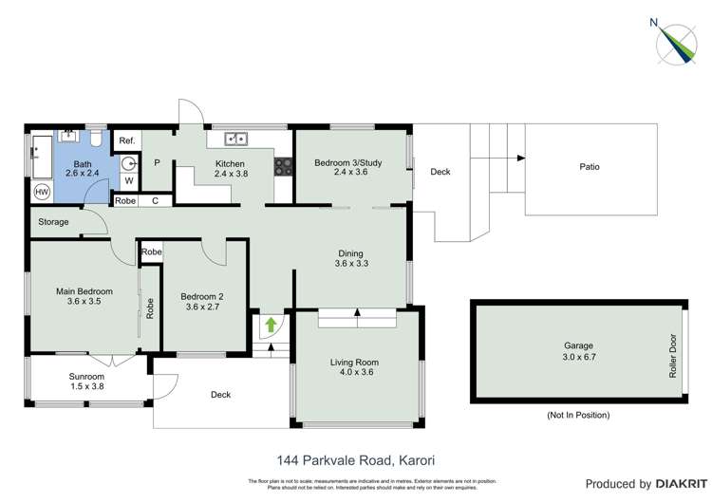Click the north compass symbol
click(x=678, y=43)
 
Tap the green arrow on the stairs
click(x=271, y=326)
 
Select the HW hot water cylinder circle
click(x=42, y=192)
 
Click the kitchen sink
click(x=236, y=140)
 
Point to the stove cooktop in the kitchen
click(x=283, y=167)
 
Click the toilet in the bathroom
click(x=98, y=140)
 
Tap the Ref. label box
click(x=127, y=140)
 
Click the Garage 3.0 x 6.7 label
click(x=578, y=352)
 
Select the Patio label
click(x=590, y=167)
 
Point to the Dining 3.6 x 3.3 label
click(x=351, y=258)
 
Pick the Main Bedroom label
click(x=85, y=296)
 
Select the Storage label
click(x=54, y=222)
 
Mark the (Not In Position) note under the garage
click(x=578, y=415)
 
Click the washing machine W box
click(x=127, y=180)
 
